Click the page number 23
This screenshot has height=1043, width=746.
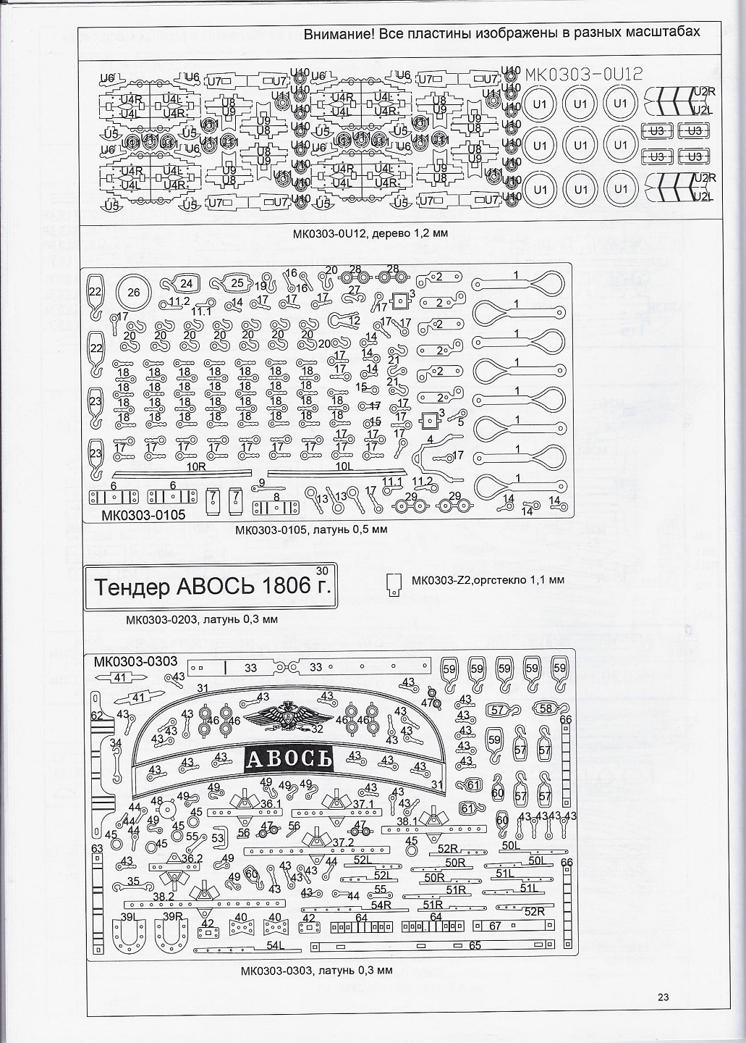[663, 997]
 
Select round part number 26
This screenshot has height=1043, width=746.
[133, 292]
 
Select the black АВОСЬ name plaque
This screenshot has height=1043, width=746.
[289, 758]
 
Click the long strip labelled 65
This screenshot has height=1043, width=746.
[434, 946]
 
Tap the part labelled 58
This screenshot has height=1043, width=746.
[546, 708]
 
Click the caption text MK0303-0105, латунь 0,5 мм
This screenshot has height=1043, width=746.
[311, 529]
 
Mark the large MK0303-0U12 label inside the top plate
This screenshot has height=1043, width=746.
[582, 75]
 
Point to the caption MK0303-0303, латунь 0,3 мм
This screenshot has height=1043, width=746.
[317, 971]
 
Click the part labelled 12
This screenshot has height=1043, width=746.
[346, 320]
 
